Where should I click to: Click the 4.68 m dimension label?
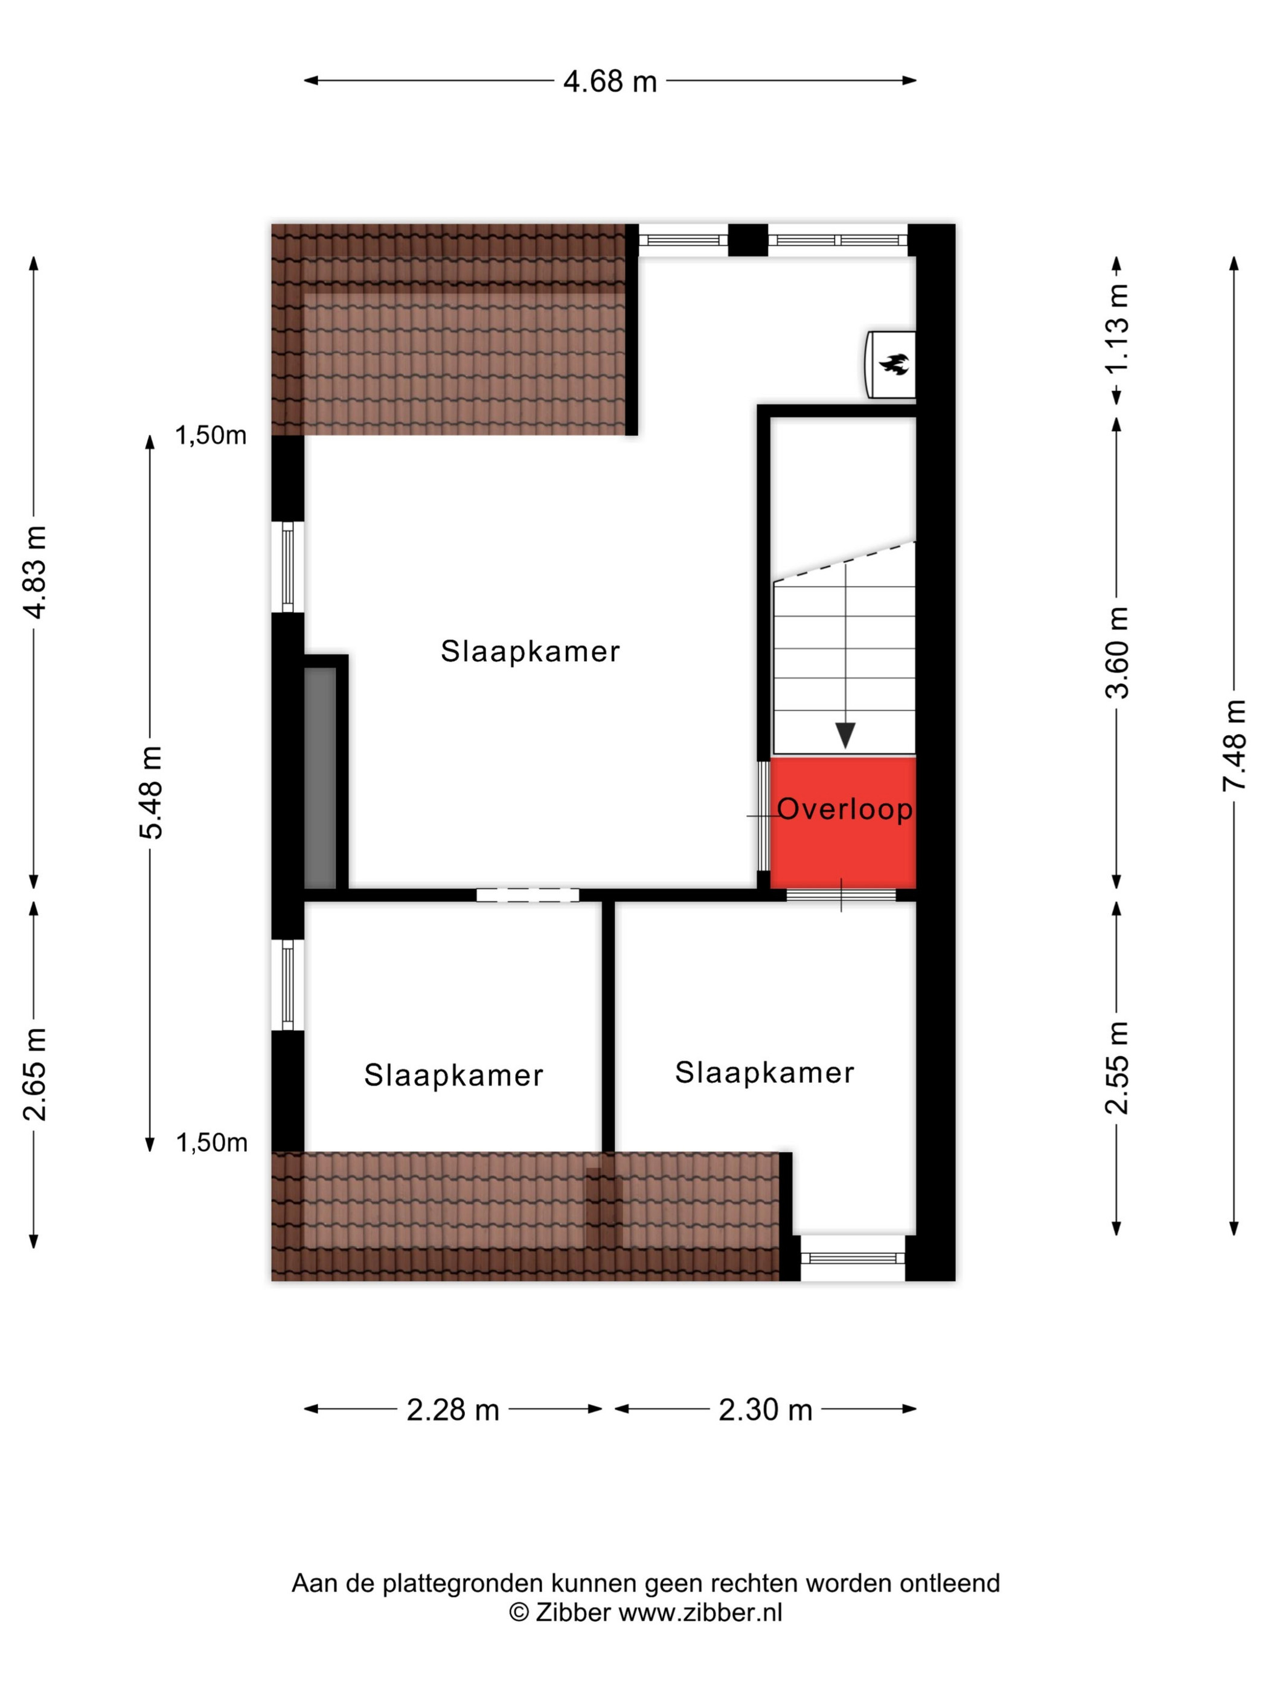point(610,81)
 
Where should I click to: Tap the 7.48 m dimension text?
point(1234,745)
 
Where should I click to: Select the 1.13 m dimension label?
point(1116,328)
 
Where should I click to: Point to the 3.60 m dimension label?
point(1116,652)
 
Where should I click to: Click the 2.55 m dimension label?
point(1116,1068)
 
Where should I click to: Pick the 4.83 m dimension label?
point(34,572)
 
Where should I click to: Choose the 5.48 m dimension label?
point(150,793)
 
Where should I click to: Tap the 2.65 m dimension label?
point(34,1074)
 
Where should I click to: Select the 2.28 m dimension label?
point(452,1410)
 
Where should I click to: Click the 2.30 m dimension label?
point(765,1410)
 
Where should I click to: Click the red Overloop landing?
point(843,823)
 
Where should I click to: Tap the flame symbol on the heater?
point(894,364)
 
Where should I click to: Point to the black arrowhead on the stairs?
point(845,736)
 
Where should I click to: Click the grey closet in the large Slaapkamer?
point(320,777)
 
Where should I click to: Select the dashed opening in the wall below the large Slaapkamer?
point(527,895)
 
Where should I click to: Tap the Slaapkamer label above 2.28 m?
point(453,1076)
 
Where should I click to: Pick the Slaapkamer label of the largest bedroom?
point(530,651)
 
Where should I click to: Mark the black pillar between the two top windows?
point(748,240)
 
